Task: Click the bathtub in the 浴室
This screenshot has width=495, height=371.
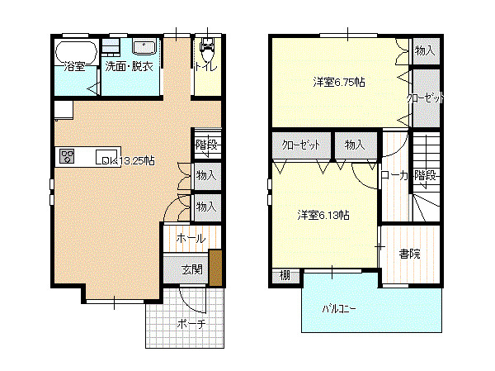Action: tap(76, 52)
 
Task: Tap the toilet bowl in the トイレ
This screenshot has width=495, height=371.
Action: tap(207, 50)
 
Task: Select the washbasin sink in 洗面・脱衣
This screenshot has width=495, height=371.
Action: tap(144, 47)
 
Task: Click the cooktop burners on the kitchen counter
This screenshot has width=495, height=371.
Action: tap(68, 156)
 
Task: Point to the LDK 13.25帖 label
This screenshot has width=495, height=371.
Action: tap(125, 160)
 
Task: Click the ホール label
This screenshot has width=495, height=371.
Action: tap(191, 238)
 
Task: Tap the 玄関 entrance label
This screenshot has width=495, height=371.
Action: tap(191, 269)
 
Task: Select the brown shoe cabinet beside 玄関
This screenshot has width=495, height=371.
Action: tap(215, 268)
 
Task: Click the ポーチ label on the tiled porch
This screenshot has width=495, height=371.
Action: tap(191, 324)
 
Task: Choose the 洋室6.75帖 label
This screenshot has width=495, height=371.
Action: tap(339, 83)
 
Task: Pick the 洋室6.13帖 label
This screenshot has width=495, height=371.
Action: tap(323, 216)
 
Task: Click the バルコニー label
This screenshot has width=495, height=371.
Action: tap(339, 308)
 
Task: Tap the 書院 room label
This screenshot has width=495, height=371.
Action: tap(409, 254)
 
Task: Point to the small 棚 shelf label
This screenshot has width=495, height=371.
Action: tap(285, 275)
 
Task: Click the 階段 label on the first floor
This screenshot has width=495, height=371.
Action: tap(206, 145)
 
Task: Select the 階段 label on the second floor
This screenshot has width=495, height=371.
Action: tap(425, 175)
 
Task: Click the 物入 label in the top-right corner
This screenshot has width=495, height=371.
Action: tap(425, 50)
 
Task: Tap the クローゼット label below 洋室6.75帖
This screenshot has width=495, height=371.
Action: tap(301, 145)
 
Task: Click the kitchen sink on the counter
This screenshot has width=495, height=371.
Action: tap(106, 156)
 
